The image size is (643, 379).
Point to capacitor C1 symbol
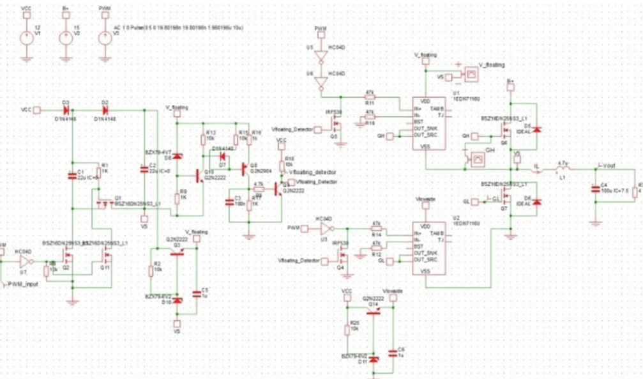click(x=72, y=175)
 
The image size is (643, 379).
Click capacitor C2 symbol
click(x=144, y=169)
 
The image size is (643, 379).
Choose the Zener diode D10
click(x=178, y=300)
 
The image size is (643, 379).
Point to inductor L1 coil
click(x=563, y=168)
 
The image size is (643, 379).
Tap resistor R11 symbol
click(x=369, y=98)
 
